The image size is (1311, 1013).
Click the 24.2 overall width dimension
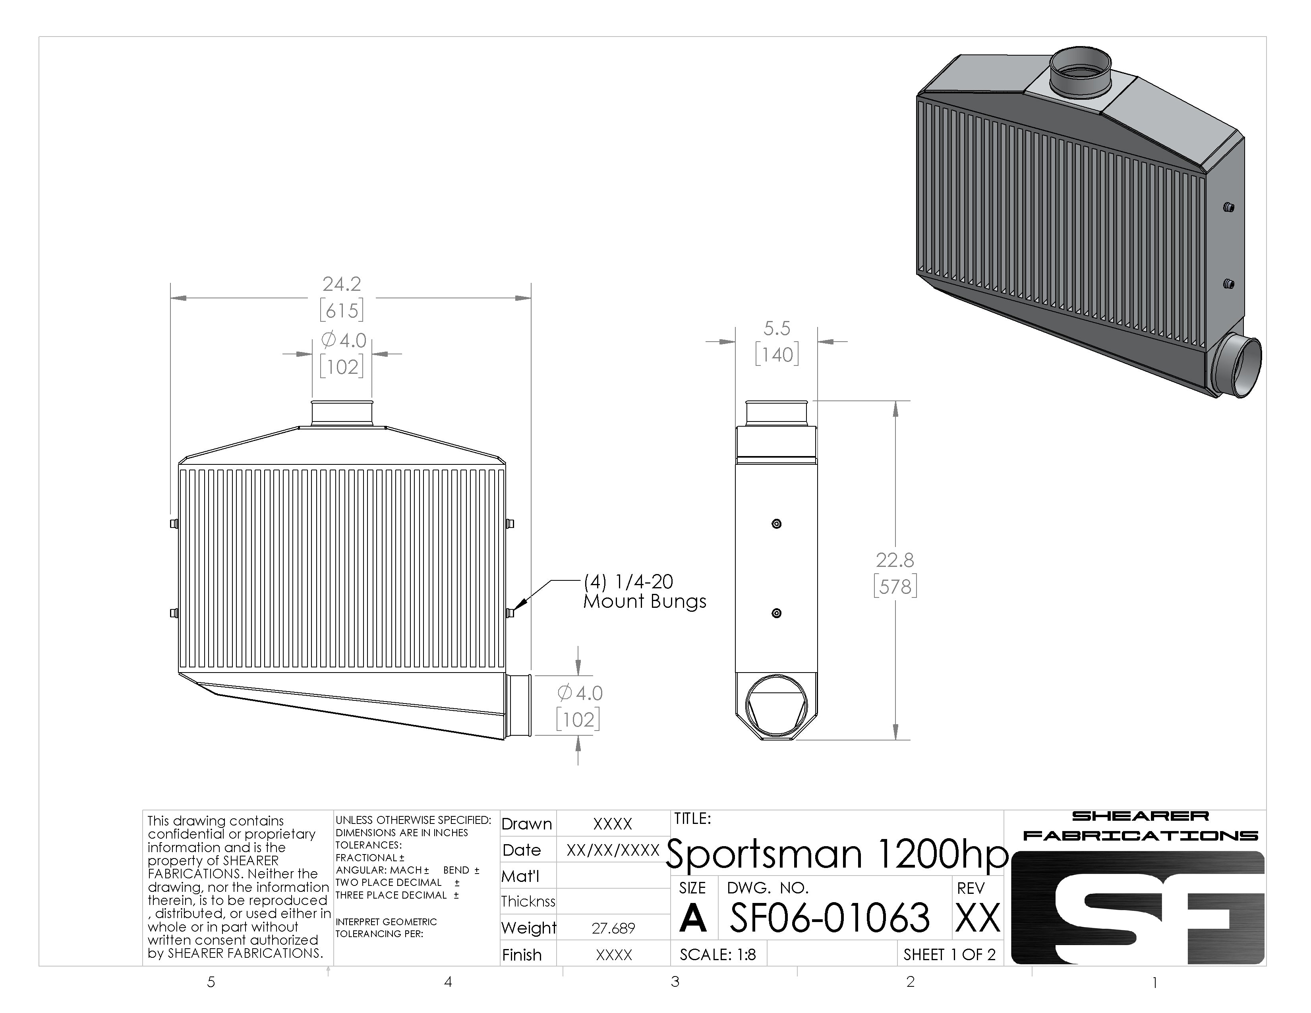[x=342, y=284]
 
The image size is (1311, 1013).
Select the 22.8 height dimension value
[x=894, y=560]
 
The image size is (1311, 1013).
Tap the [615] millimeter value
[x=342, y=310]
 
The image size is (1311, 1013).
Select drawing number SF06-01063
[x=830, y=918]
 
